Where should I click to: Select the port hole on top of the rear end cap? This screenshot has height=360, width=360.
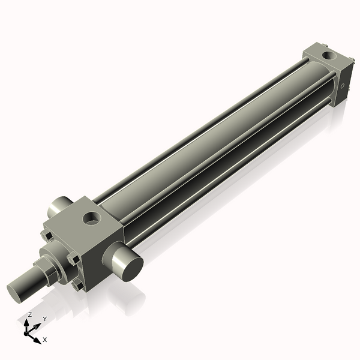pos(329,57)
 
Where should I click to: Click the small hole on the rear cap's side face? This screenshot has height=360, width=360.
pos(343,86)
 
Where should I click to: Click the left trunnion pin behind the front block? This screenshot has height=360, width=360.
pos(60,207)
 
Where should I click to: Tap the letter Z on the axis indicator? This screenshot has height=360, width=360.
pos(30,314)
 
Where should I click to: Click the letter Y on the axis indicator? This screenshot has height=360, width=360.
pos(44,319)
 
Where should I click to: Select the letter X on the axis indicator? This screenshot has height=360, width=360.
pos(45,340)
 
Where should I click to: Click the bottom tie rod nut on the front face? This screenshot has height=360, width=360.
pos(76,286)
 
